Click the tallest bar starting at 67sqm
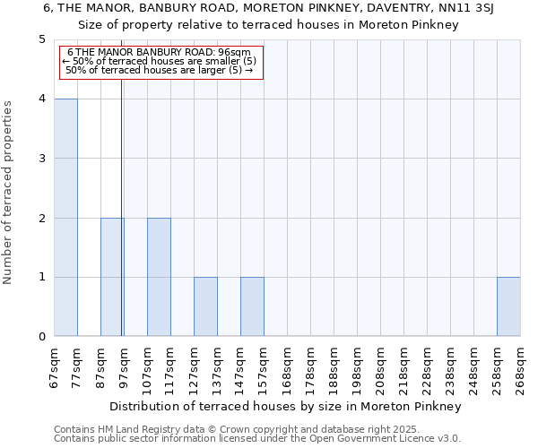tap(65, 218)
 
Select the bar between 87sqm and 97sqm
tap(112, 277)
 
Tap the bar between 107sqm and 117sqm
tap(159, 277)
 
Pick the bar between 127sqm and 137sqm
tap(205, 306)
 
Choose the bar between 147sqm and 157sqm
tap(252, 306)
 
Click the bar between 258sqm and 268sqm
tap(508, 306)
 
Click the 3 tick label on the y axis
tap(42, 159)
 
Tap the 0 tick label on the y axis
tap(42, 337)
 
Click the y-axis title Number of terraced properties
tap(8, 193)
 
